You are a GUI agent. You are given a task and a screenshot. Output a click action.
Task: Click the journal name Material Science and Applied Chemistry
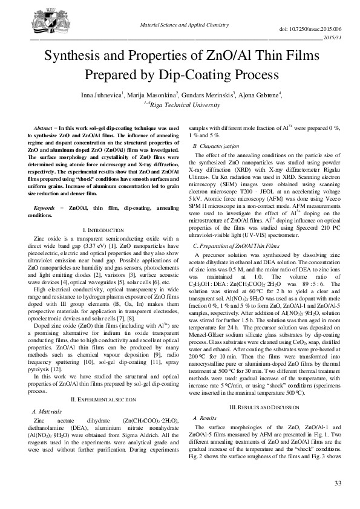(x=180, y=23)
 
